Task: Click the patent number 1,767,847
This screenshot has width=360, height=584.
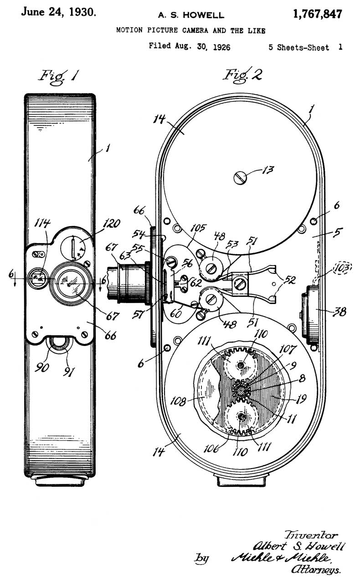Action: point(318,14)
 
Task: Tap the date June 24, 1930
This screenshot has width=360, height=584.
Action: point(59,12)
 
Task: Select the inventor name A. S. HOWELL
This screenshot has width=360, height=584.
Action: point(191,16)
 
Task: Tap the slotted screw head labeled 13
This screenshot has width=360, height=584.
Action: point(240,177)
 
